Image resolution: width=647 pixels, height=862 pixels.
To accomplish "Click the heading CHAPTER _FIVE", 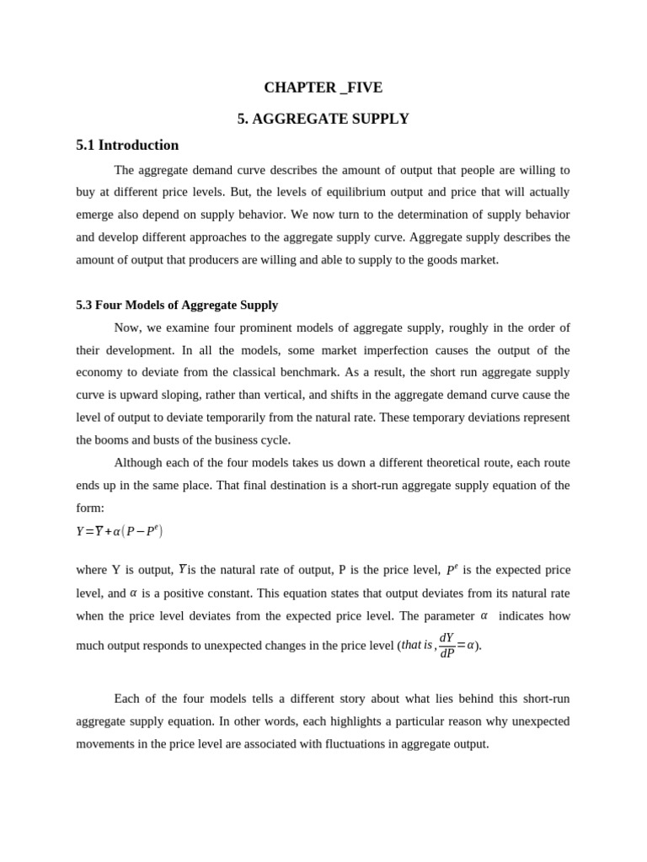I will coord(323,88).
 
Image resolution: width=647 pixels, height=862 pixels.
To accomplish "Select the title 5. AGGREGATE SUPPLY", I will coord(323,119).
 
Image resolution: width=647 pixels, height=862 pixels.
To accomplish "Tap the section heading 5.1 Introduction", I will coord(127,145).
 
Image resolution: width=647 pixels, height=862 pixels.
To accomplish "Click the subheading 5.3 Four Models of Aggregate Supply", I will coord(177,305).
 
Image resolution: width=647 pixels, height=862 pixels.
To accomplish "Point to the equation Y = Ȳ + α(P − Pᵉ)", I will coord(119,531).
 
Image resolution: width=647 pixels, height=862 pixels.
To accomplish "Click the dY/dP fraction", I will coord(446,645).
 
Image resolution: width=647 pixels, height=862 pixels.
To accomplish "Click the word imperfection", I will coord(432,350).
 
